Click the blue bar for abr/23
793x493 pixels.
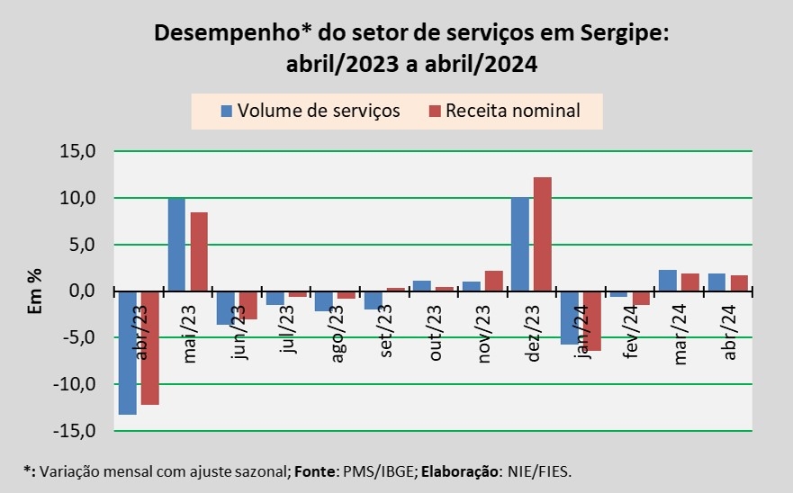[127, 353]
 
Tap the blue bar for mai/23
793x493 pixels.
[176, 245]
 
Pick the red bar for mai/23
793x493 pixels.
[199, 252]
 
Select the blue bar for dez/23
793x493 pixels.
[519, 245]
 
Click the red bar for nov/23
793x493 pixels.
[493, 281]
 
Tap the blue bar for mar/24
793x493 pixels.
[667, 281]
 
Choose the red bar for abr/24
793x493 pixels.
[739, 283]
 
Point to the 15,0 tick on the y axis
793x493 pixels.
[78, 151]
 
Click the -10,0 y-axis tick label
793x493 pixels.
[76, 384]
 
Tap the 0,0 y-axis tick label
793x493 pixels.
[82, 291]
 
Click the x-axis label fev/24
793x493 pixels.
[633, 333]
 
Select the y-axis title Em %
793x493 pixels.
[35, 291]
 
